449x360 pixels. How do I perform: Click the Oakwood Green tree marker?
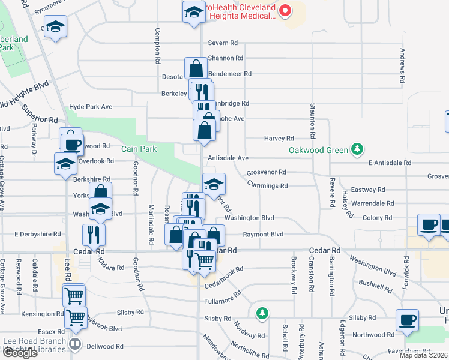(x=357, y=149)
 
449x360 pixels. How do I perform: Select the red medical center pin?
(x=285, y=10)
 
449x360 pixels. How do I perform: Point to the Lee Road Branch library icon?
(x=76, y=344)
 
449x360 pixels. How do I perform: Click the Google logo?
(x=20, y=353)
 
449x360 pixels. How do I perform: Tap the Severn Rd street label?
(x=223, y=43)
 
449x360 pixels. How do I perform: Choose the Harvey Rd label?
(x=279, y=138)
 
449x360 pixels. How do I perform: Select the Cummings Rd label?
(x=267, y=185)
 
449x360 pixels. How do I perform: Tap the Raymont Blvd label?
(x=262, y=235)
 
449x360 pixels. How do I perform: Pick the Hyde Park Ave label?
(x=91, y=107)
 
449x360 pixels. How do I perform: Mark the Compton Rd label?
(x=158, y=46)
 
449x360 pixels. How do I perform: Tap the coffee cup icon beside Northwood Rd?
(x=408, y=320)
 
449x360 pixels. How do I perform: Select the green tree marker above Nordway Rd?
(x=261, y=313)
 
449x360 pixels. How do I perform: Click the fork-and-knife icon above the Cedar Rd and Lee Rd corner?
(x=94, y=234)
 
